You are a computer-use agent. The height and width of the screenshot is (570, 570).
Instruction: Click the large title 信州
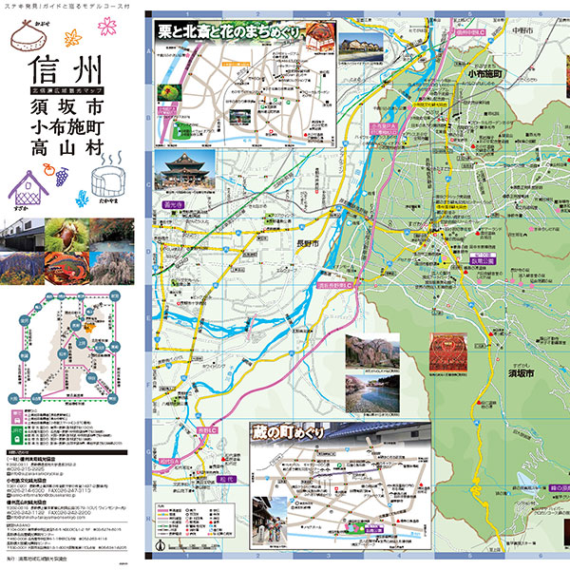pyautogui.click(x=65, y=72)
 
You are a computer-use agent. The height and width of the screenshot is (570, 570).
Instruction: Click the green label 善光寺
pyautogui.click(x=173, y=202)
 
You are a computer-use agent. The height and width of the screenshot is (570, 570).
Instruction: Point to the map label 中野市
pyautogui.click(x=521, y=28)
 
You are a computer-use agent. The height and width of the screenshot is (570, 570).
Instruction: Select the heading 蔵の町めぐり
pyautogui.click(x=283, y=432)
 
